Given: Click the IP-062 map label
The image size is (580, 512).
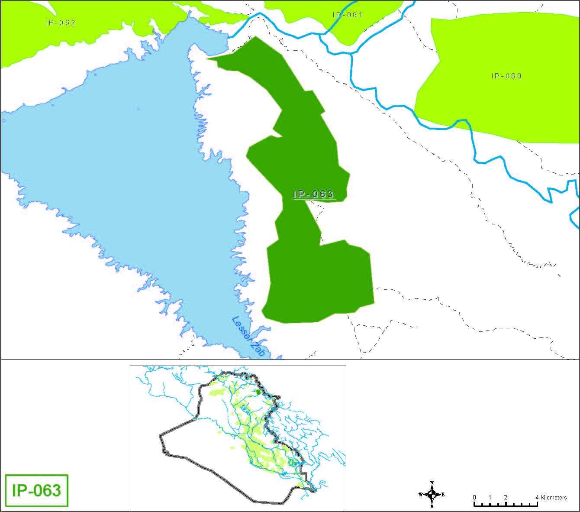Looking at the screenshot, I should point(61,23).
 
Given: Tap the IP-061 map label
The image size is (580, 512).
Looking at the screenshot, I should point(348,15).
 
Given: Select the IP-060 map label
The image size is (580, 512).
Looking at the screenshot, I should point(506,76).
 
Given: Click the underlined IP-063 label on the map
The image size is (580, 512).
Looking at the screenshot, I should point(313,194).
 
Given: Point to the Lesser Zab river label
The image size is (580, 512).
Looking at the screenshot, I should point(248,337).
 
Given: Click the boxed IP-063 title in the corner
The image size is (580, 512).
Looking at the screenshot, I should point(37,490).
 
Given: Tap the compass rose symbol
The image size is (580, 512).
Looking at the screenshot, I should point(432,494).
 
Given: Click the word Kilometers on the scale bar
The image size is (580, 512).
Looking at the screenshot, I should point(554,497).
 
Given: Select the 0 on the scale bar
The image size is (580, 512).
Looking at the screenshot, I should point(474,497).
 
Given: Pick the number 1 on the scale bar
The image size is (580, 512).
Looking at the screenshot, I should point(490,497).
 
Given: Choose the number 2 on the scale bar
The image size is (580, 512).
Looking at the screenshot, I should point(506,497).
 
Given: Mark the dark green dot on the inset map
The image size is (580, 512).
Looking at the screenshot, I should point(258,392).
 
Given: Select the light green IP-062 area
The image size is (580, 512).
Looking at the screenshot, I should point(87,39).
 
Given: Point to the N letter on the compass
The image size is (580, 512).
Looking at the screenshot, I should point(432,483).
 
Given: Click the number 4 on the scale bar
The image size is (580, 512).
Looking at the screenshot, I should point(537,497).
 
